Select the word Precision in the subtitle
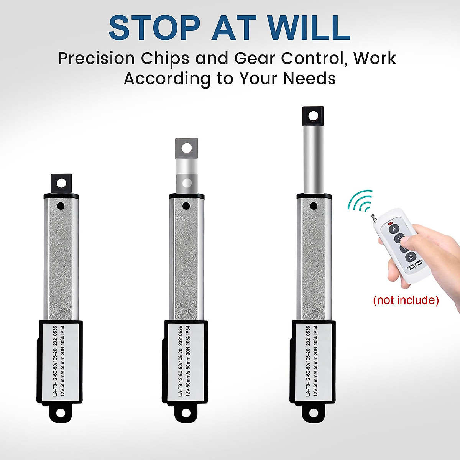click(96, 59)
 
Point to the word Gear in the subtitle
click(255, 59)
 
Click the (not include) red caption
click(406, 300)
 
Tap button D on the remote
click(411, 257)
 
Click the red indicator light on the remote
click(390, 223)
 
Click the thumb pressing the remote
click(412, 242)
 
